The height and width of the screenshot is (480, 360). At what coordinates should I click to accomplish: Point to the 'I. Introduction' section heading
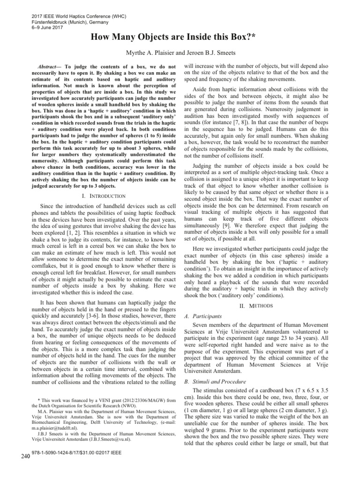(101, 196)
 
